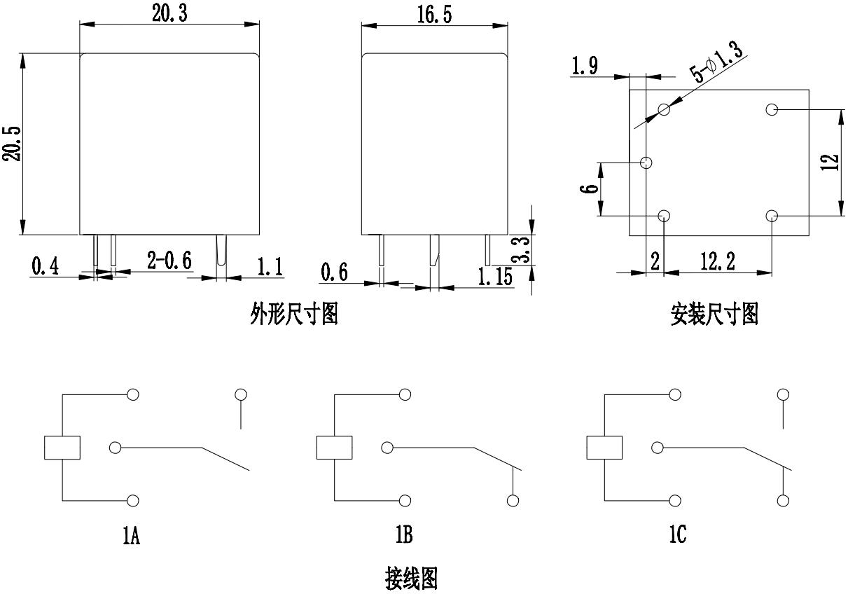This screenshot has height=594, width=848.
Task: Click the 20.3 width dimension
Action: tap(169, 13)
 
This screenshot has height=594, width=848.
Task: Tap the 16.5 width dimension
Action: tap(434, 15)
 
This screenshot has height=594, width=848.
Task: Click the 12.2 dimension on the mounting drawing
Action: tap(718, 263)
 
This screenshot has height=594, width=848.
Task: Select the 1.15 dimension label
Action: tap(495, 277)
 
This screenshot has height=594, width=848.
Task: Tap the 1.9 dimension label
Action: tap(585, 67)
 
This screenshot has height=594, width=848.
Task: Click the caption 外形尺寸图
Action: tap(294, 315)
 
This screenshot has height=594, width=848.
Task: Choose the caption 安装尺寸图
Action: tap(714, 315)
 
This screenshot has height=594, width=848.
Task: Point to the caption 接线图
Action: tap(411, 579)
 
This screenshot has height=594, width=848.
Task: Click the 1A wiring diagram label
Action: tap(131, 537)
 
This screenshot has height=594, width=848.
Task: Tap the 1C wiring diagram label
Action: tap(676, 536)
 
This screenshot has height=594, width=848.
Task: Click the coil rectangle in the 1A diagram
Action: tap(62, 448)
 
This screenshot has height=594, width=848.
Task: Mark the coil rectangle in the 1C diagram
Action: tap(604, 448)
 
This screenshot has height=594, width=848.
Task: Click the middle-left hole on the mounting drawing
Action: tap(647, 163)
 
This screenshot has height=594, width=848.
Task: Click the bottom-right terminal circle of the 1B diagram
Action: tap(513, 501)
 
